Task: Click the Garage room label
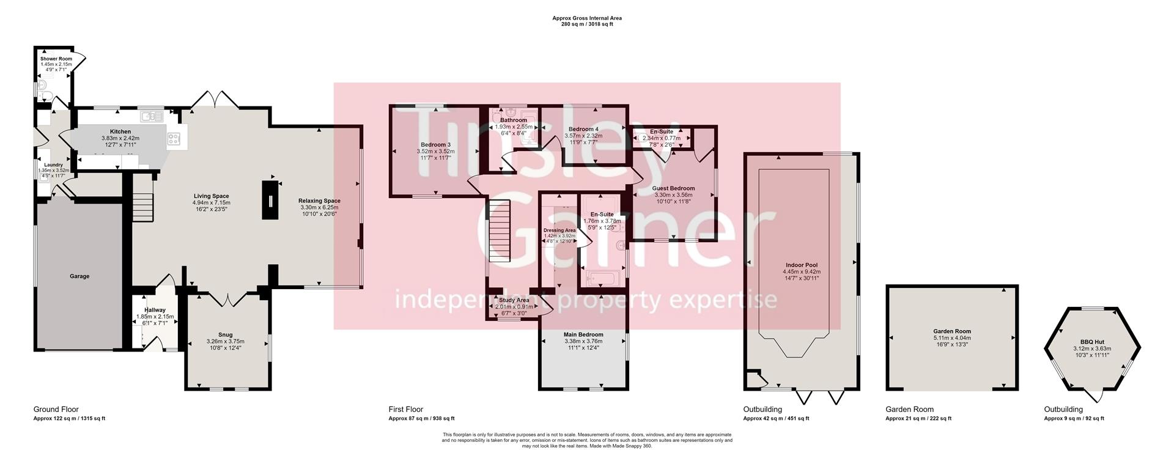(79, 276)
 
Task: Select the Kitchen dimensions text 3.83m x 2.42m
(120, 139)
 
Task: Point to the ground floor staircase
(142, 208)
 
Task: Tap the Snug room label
(226, 334)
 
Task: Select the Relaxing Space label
(319, 200)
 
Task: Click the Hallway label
(155, 310)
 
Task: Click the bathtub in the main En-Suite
(603, 279)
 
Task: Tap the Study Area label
(514, 300)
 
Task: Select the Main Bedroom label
(583, 334)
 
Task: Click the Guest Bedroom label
(673, 188)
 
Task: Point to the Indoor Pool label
(801, 265)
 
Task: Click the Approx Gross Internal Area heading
(586, 18)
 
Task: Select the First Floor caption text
(405, 410)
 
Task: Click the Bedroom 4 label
(583, 129)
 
